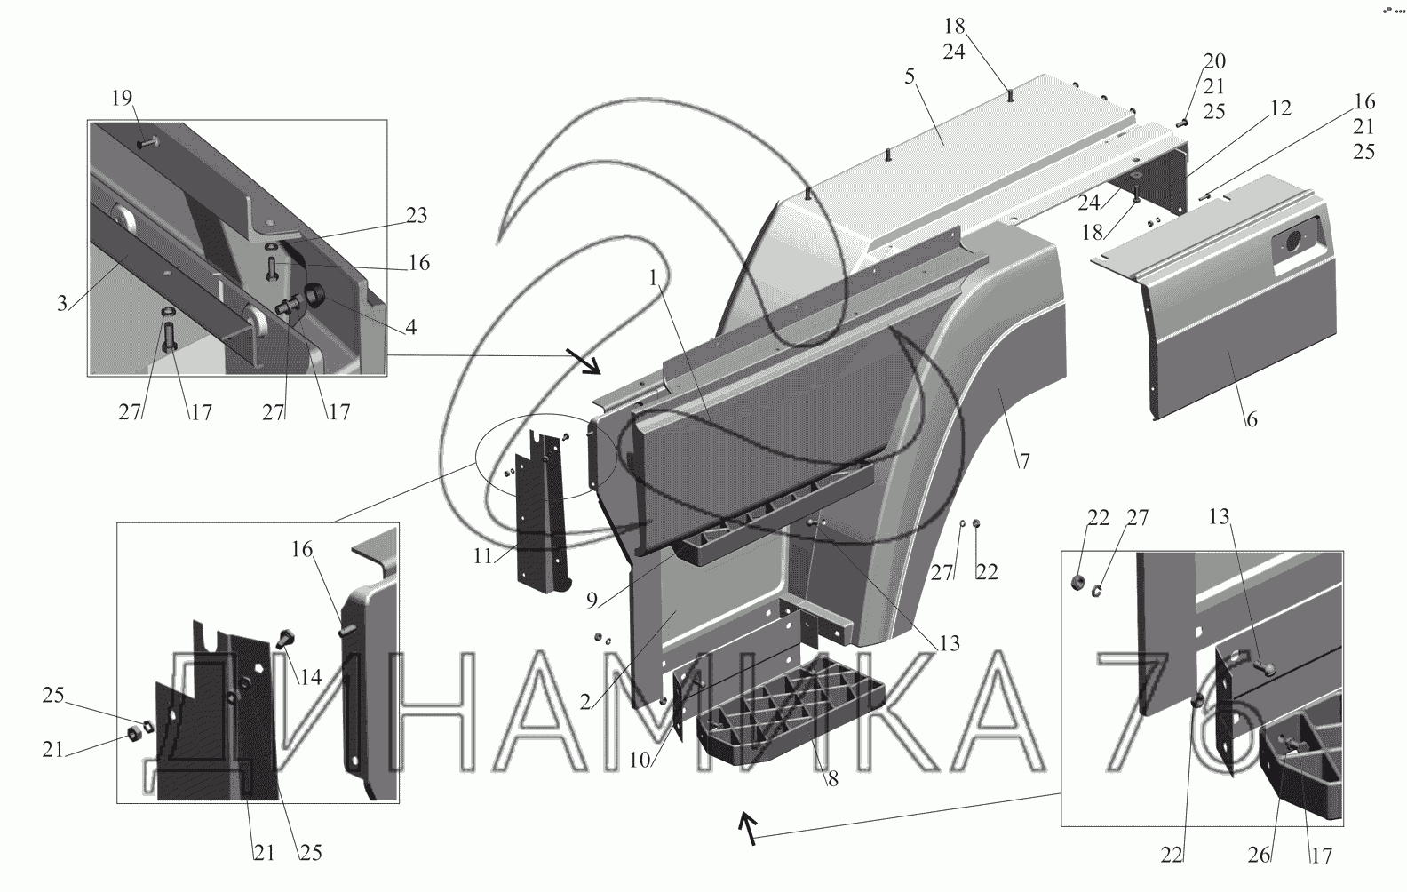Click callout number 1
[653, 279]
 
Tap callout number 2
[585, 702]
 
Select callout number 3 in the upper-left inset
[62, 303]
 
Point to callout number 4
[409, 327]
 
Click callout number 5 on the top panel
[910, 76]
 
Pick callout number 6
[1251, 418]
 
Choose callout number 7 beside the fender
[1024, 461]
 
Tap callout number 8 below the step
[832, 779]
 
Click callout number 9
[591, 599]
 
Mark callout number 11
[482, 557]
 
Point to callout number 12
[1280, 108]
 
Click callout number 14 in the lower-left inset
[310, 676]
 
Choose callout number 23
[417, 215]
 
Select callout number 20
[1214, 61]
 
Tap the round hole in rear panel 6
[1289, 240]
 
